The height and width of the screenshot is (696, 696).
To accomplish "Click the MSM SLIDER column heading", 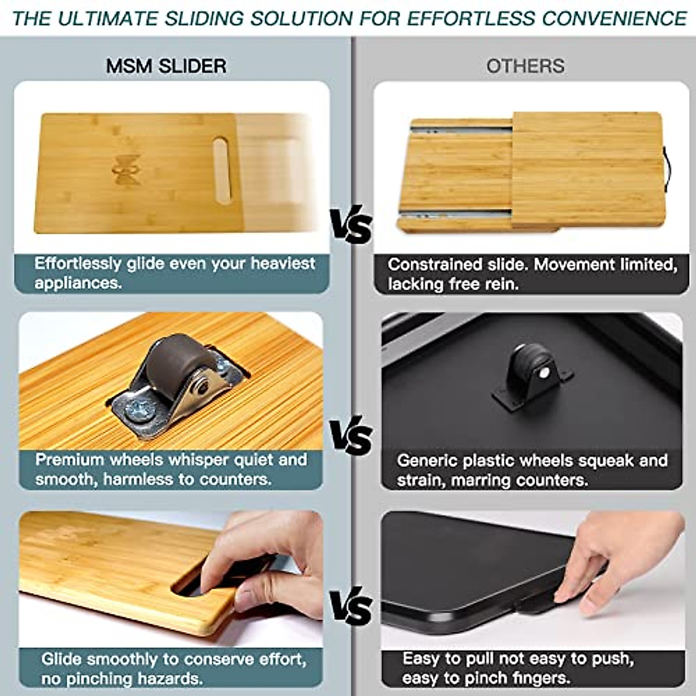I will [166, 66].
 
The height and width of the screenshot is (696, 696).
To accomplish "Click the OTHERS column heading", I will [525, 66].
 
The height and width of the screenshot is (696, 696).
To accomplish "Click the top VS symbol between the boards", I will [350, 227].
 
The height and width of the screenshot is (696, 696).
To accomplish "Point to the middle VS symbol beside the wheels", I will [350, 435].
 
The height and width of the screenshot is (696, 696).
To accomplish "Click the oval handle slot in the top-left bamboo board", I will [221, 169].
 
